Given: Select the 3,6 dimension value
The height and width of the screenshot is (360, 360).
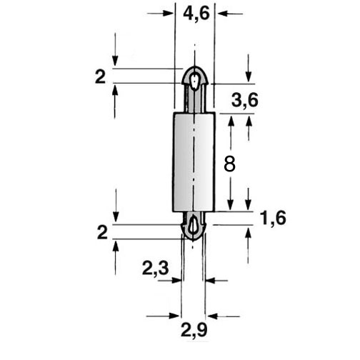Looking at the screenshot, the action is coord(245,100).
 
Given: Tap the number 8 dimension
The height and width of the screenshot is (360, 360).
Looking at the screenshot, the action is coord(230,164).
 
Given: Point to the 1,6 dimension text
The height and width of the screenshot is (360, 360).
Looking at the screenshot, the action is coord(274,219).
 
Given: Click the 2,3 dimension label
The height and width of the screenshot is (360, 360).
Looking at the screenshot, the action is coord(156,269).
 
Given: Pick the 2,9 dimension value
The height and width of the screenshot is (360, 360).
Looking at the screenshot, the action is coord(194,330).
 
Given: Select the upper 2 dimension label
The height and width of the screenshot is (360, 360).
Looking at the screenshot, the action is coord(100,76).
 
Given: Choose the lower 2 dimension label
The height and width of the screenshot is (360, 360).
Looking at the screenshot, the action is coord(102,233).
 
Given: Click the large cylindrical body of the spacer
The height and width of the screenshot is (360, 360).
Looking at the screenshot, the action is coord(194,162).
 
